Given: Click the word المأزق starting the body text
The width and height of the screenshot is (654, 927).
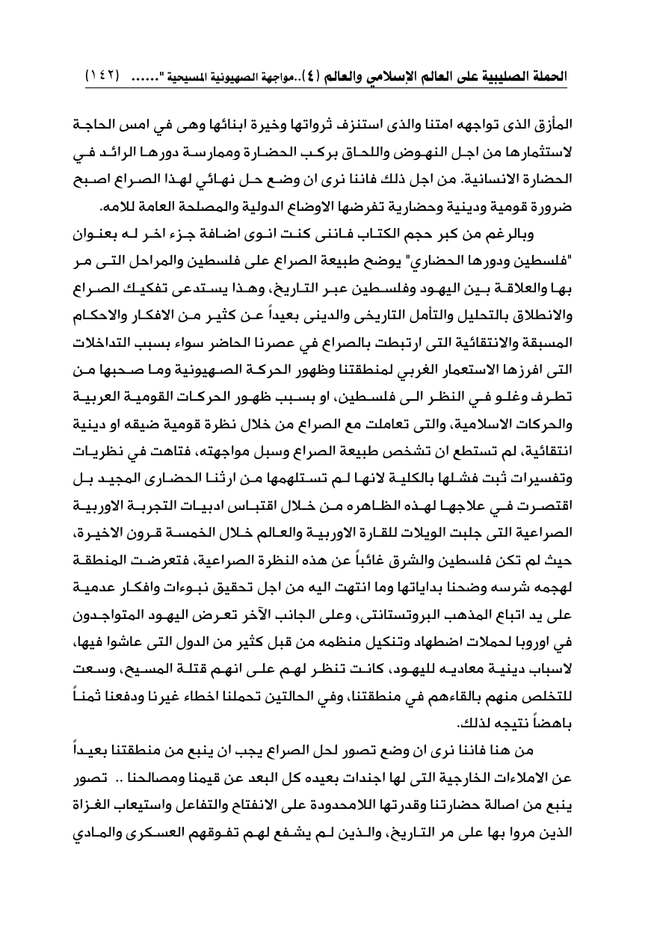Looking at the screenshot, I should [x=549, y=121].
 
